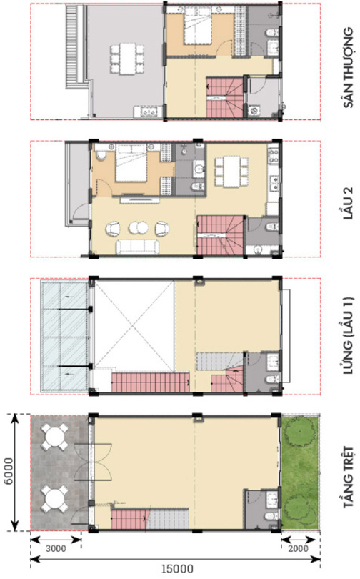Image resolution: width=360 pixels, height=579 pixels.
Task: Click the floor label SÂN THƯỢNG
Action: (349, 68)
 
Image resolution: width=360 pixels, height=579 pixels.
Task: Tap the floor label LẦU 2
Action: (348, 203)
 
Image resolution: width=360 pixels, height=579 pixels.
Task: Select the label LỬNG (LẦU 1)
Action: (349, 337)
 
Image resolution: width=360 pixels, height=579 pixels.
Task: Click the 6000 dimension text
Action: (8, 471)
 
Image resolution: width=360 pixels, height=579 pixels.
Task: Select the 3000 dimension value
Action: (56, 548)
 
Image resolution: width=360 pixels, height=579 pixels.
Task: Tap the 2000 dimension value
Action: (298, 548)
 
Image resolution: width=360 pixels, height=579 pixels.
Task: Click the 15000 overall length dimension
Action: (177, 569)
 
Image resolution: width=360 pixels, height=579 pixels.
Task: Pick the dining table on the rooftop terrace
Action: (127, 59)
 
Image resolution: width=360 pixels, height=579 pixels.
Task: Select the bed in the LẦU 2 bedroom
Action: (131, 162)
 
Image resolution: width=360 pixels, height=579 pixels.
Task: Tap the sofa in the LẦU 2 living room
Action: (138, 247)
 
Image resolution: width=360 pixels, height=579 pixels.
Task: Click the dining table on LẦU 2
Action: (231, 172)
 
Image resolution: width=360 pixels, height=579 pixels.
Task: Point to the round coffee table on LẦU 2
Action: (138, 228)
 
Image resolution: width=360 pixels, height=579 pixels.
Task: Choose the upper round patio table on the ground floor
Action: (54, 437)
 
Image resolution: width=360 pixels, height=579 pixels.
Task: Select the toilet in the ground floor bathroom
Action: (272, 515)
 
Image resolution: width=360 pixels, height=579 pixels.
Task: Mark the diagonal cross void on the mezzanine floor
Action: (134, 326)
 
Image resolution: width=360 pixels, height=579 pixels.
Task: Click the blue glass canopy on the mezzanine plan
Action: (64, 335)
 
